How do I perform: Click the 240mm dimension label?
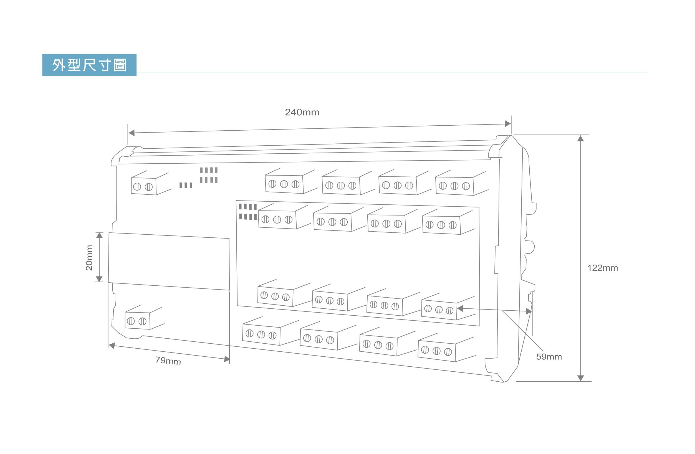(302, 112)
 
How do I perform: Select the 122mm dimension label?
(602, 268)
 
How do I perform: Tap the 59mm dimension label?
(549, 356)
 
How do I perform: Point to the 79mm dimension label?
(168, 361)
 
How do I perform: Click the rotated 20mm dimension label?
(89, 258)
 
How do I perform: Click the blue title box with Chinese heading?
(89, 65)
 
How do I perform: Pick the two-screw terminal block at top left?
(150, 183)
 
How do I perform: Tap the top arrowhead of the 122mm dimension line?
(580, 138)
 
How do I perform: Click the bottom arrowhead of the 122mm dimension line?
(581, 378)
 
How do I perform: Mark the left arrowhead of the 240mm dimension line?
(132, 133)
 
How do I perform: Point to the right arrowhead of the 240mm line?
(507, 124)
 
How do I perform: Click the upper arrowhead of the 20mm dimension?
(100, 235)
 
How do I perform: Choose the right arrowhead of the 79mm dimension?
(227, 359)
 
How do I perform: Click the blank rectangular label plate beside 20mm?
(169, 261)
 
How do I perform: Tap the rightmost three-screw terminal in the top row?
(462, 183)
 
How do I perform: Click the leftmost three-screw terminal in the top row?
(291, 181)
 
